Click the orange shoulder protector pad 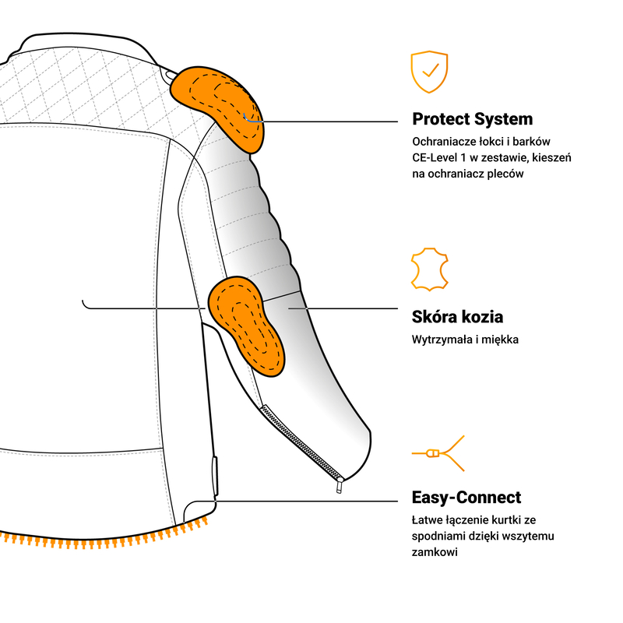(x=220, y=105)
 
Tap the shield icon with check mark (x=429, y=72)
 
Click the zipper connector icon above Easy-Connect (x=437, y=453)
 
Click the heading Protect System (x=473, y=119)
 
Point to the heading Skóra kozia (x=457, y=317)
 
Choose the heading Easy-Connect (x=466, y=498)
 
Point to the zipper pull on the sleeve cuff (x=340, y=486)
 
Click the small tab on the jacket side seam (x=213, y=472)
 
